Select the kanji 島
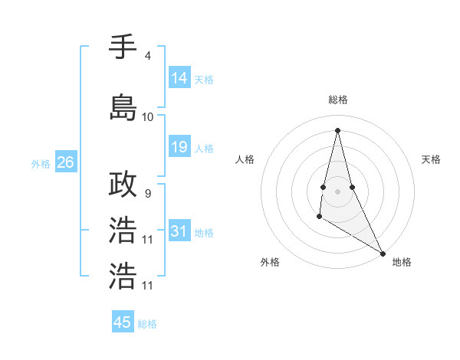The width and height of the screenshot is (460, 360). pos(123,107)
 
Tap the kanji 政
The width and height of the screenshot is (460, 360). pos(123,185)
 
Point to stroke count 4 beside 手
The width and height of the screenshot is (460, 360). pos(147,55)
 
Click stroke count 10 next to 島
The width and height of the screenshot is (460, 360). pos(147,116)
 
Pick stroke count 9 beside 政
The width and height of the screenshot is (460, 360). pos(147,194)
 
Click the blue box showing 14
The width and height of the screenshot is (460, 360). pos(179,78)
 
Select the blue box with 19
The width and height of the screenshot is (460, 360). pos(179,147)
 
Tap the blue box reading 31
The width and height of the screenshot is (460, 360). pos(179,231)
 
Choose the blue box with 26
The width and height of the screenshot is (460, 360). pos(65,162)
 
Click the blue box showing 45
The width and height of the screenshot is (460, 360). pos(123,322)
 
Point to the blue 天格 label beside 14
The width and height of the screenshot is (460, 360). pos(204,79)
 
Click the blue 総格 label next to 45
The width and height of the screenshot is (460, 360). pos(147,324)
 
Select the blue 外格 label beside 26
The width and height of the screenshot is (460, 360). pos(41,163)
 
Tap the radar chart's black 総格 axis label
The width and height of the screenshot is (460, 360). pos(337,100)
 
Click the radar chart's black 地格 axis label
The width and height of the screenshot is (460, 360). pos(402,262)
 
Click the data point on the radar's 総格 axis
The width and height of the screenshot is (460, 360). pos(337,129)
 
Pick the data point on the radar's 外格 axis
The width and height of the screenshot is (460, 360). pos(319,218)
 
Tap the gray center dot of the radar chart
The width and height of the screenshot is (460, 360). pos(337,191)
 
